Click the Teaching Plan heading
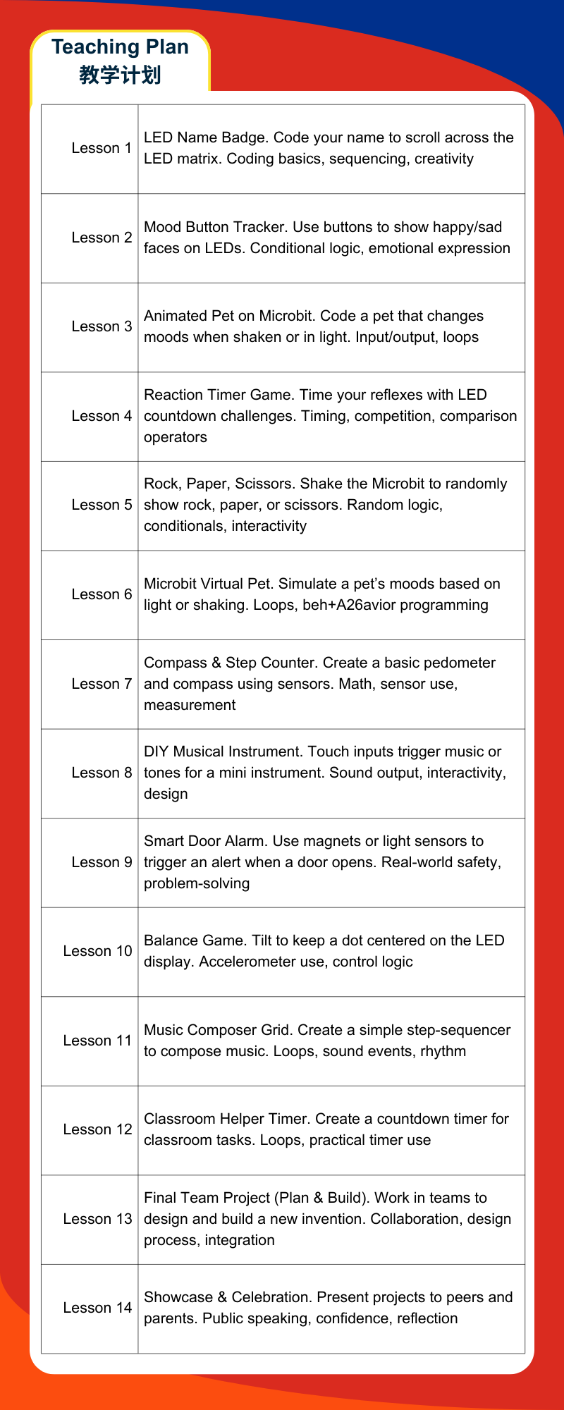pos(120,47)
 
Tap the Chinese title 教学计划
pos(120,75)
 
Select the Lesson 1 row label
pos(102,148)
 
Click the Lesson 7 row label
pos(102,684)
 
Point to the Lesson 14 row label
pos(97,1308)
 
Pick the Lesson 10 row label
pos(97,951)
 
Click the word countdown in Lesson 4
pos(176,416)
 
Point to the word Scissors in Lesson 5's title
pos(265,484)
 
